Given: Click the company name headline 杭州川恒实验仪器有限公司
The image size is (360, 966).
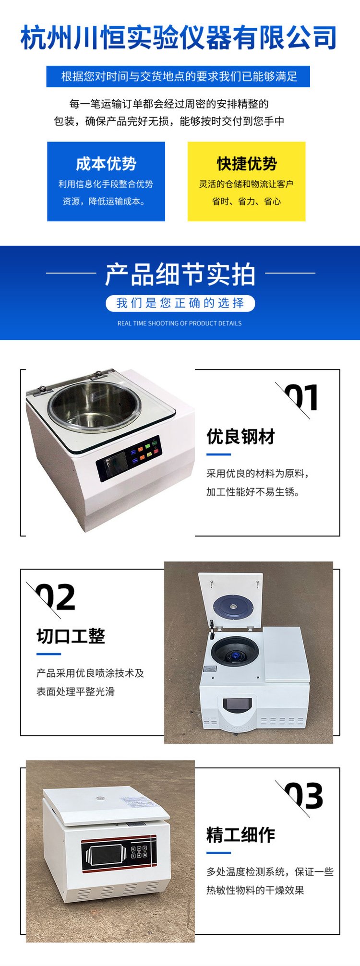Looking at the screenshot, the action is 179,38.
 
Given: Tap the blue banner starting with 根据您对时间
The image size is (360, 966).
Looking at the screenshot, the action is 178,76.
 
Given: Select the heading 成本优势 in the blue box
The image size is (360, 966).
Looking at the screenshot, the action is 106,164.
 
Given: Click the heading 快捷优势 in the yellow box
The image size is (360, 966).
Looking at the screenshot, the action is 247,164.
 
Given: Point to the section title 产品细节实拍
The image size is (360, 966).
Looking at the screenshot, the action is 180,274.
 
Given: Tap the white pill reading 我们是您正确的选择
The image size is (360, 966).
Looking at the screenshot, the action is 180,303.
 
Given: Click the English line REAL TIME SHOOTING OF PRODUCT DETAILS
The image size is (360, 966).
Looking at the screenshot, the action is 180,323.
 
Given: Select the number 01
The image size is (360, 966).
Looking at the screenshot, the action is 301,397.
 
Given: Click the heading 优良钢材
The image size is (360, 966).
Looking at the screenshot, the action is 240,437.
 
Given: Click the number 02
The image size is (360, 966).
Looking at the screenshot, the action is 56,597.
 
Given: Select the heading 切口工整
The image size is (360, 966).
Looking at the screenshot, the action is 71,636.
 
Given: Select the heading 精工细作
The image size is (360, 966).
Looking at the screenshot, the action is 240,835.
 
